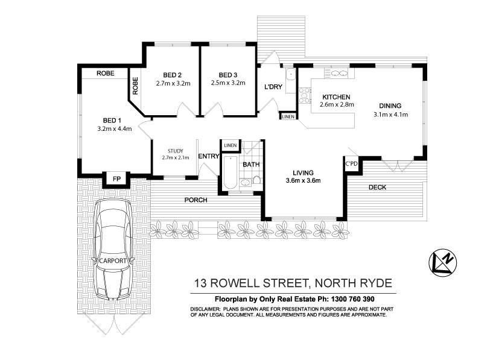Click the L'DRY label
273,87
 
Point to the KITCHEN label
336,97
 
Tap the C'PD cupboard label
351,163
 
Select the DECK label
377,188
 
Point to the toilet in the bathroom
256,179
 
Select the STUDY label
172,151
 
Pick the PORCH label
197,200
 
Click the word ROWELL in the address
244,283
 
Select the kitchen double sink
339,73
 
